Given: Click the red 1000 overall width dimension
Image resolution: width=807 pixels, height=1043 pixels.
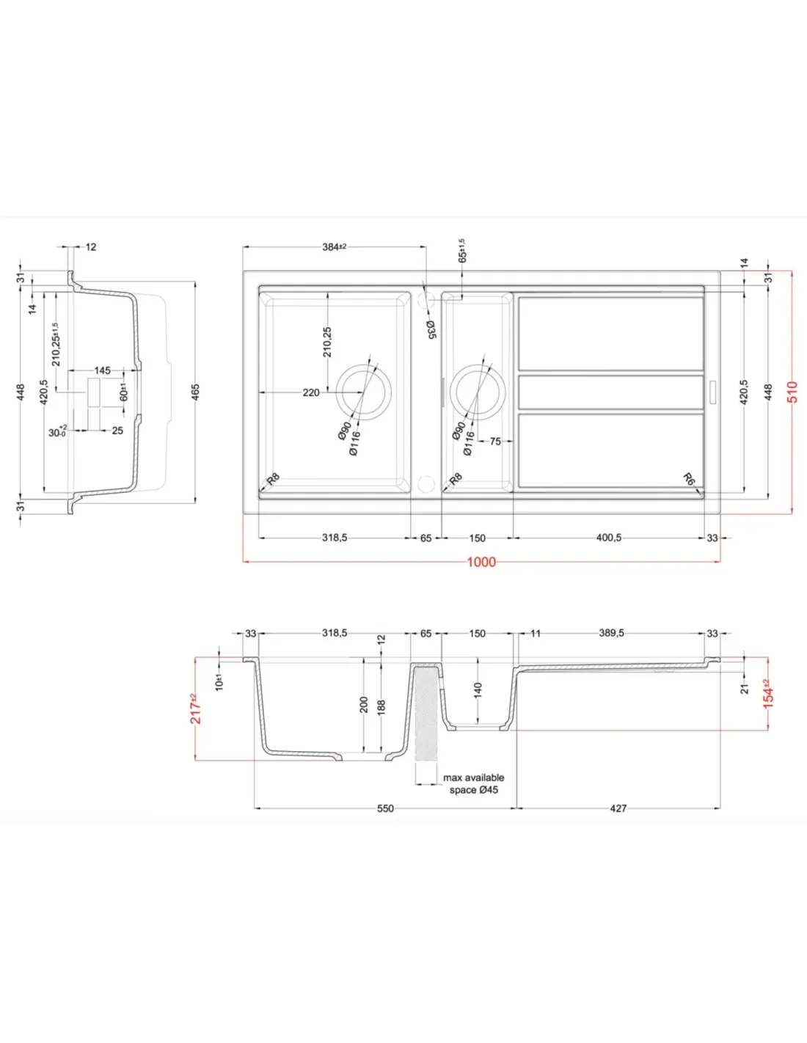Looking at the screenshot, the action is pos(481,562).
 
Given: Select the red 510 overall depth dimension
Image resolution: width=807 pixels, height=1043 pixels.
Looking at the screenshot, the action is pos(792,392).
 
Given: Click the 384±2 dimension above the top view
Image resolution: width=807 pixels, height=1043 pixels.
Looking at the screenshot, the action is pos(334,246).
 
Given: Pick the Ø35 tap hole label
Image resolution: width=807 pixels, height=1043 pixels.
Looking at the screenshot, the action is pos(431,330).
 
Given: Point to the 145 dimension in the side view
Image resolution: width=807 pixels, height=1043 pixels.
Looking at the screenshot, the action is pos(102,370).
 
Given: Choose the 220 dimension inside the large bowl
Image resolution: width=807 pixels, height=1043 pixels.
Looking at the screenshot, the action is pos(311,392).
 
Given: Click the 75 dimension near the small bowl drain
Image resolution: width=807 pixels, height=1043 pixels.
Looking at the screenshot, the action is pos(495,441).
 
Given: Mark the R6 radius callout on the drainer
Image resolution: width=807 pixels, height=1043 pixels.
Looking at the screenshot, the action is pos(689,478).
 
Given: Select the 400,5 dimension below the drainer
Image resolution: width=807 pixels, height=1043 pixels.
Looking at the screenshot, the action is pos(609,538).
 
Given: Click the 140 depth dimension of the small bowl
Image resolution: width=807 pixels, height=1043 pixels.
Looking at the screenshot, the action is pos(477,689).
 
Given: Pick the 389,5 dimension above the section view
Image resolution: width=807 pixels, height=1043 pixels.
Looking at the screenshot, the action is pos(612,633).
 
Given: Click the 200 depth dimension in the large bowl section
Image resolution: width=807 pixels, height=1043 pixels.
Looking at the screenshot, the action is pos(363,705).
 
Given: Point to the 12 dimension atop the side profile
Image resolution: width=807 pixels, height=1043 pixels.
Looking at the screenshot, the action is pos(91,246).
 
